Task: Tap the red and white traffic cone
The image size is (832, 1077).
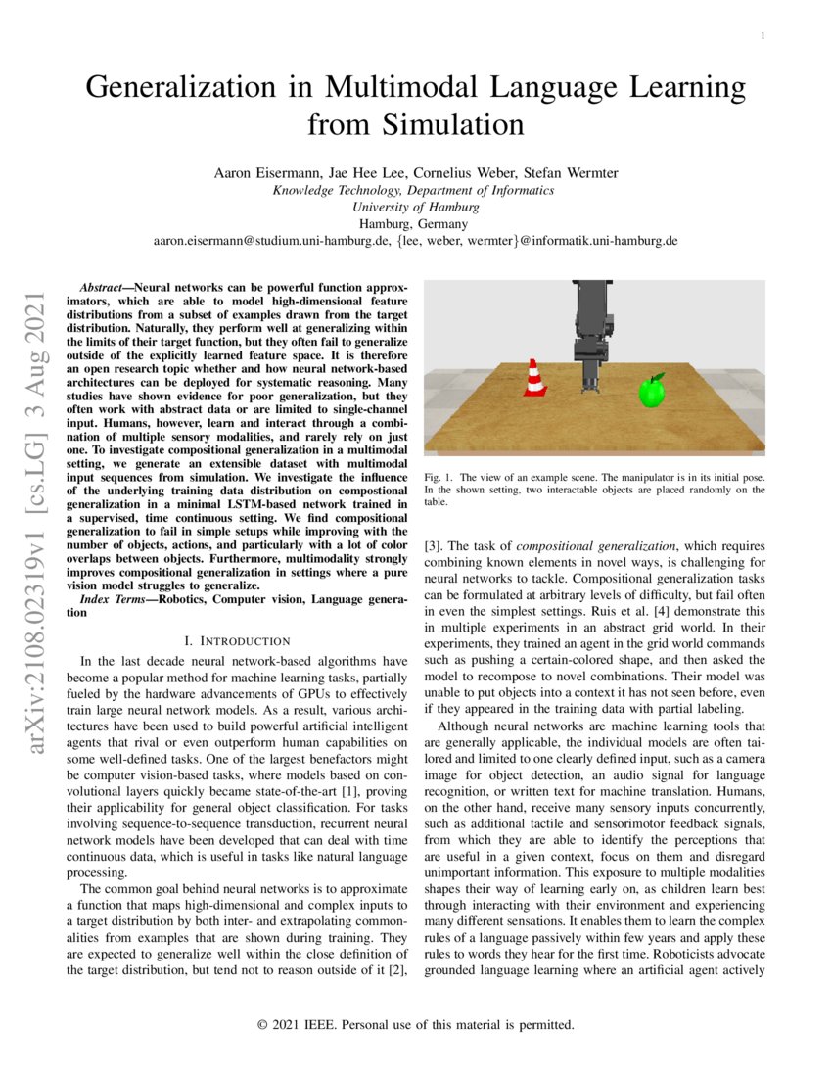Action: coord(534,378)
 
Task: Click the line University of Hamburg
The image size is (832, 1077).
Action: coord(415,207)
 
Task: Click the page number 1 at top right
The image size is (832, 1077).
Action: coord(763,36)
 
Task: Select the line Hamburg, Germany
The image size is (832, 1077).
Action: coord(415,223)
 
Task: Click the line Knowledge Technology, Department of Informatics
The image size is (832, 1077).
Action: coord(415,190)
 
